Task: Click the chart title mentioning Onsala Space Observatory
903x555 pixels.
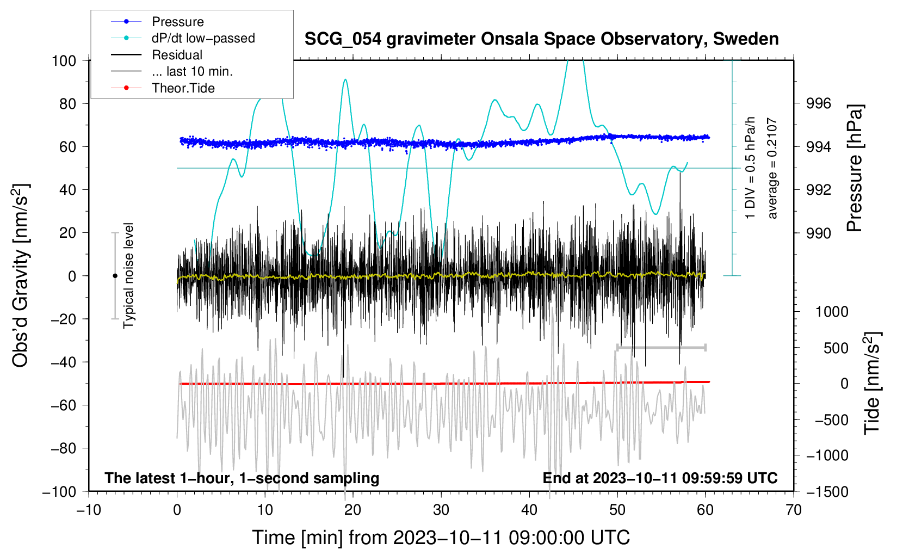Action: point(541,39)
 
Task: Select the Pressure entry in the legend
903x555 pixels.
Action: point(178,21)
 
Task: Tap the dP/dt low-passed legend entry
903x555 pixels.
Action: point(203,38)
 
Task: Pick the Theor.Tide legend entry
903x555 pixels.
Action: point(183,88)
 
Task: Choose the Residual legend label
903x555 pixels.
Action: point(177,55)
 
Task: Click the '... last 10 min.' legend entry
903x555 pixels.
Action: point(192,71)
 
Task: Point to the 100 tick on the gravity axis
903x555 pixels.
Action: point(64,61)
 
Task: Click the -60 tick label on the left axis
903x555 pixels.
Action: point(63,405)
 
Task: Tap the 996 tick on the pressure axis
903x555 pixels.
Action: point(818,104)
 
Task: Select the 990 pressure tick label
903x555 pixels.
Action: point(818,233)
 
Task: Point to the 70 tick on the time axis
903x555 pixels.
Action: point(793,510)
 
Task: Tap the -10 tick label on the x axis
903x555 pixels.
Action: point(89,510)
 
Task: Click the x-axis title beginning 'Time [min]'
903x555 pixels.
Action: point(441,538)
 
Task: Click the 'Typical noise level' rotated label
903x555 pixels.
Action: point(128,275)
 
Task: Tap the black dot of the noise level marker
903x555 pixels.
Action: point(115,276)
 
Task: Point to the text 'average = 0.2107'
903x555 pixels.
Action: point(771,168)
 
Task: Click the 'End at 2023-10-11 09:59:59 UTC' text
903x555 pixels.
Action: point(660,478)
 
